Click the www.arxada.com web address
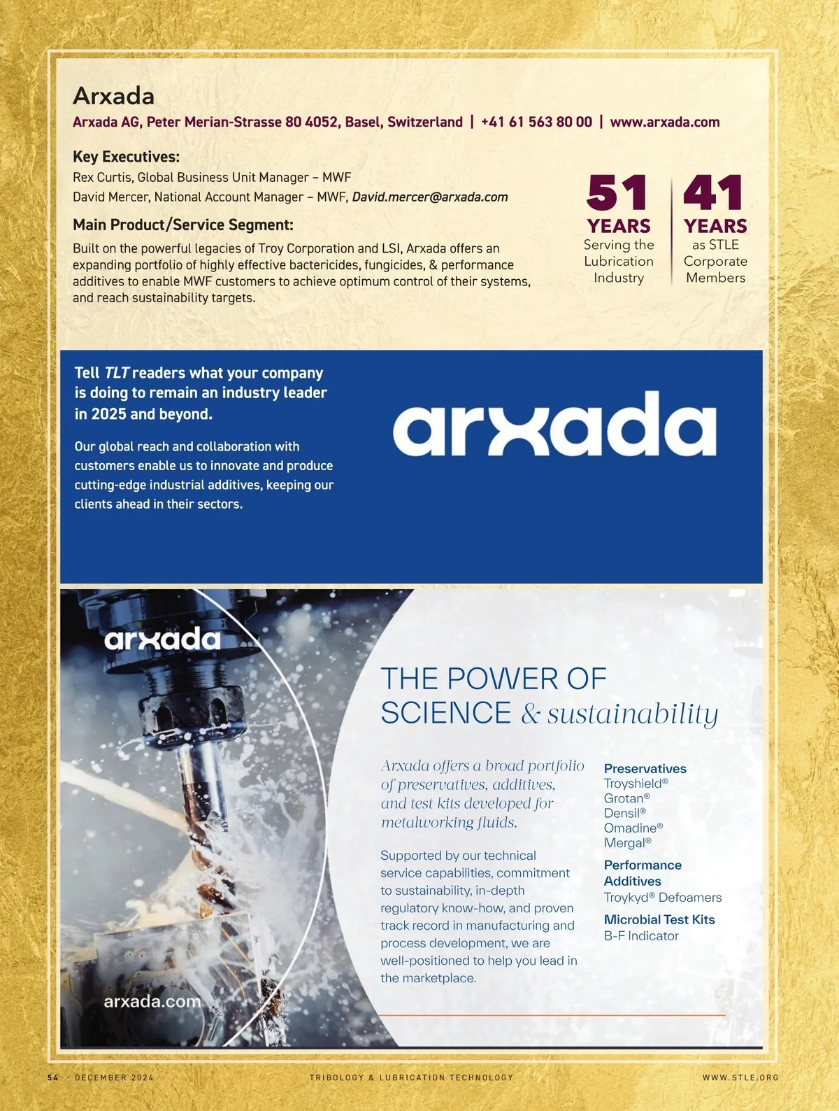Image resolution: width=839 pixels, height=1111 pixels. (664, 122)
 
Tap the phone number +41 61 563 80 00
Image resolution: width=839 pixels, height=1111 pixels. (536, 122)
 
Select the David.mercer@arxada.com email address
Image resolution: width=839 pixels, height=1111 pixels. (430, 197)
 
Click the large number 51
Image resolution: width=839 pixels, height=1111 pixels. (617, 194)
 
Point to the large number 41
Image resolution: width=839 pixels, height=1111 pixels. (712, 194)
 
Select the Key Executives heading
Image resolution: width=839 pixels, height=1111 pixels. (126, 157)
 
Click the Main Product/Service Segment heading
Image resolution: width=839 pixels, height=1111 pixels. (183, 225)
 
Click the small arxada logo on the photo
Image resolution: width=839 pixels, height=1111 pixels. (162, 639)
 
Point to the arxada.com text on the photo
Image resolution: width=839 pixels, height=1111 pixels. (152, 1001)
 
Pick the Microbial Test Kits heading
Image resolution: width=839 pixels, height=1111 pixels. (659, 919)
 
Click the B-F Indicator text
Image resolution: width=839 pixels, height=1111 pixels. (641, 936)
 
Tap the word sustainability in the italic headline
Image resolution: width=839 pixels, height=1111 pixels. (633, 714)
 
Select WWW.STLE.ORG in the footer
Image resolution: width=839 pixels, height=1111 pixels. (740, 1077)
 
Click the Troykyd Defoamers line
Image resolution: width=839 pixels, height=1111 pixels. (662, 898)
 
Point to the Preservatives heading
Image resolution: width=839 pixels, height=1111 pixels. (645, 768)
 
